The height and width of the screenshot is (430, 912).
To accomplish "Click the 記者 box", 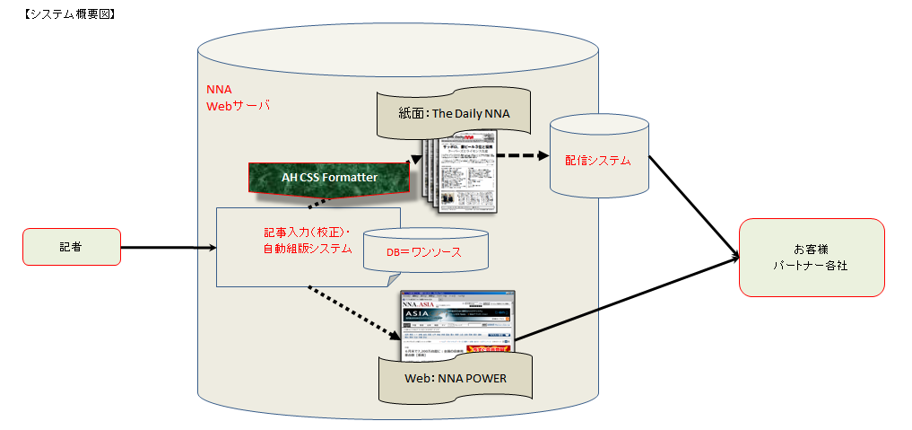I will click(72, 247).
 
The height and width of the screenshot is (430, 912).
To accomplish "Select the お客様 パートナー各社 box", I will click(812, 257).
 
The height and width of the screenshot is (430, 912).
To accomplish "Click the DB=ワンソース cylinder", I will click(425, 252).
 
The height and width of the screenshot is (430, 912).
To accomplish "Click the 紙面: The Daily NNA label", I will click(454, 114).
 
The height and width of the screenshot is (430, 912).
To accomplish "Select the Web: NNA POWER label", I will click(456, 378).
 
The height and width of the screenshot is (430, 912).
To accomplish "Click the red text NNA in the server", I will click(219, 90).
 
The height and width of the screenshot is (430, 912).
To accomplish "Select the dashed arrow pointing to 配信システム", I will click(524, 154).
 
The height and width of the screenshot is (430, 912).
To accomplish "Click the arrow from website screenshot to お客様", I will click(628, 301).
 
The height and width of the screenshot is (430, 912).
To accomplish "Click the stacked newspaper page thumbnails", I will click(462, 171).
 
